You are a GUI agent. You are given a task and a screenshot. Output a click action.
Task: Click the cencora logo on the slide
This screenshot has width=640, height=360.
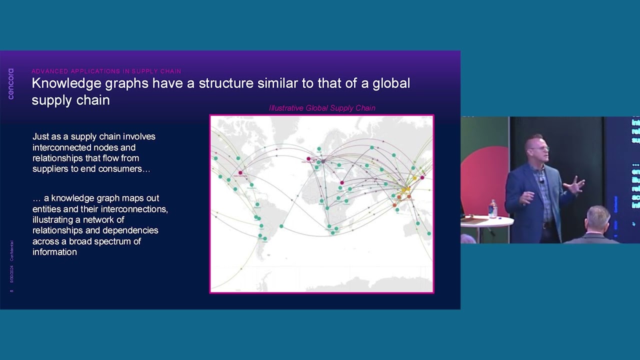(x=11, y=83)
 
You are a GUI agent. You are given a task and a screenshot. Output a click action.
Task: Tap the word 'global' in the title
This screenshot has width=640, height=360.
(x=391, y=83)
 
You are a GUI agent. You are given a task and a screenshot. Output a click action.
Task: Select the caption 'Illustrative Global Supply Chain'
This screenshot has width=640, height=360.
(x=322, y=108)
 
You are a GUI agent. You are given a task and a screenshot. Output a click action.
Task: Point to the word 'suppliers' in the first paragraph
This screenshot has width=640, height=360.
(x=50, y=169)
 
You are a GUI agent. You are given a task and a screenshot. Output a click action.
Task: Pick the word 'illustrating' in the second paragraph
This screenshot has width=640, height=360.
(x=53, y=219)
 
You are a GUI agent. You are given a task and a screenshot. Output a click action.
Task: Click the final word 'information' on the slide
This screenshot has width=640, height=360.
(x=54, y=252)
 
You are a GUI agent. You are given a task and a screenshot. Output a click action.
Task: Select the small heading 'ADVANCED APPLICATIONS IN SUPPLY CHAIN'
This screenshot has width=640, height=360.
(x=106, y=71)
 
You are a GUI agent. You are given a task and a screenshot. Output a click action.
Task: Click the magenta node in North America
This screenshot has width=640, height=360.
(x=240, y=173)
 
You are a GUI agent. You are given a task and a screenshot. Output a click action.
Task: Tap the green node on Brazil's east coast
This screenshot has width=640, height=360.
(x=281, y=226)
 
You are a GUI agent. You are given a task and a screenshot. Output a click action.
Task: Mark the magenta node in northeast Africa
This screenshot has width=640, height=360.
(x=342, y=183)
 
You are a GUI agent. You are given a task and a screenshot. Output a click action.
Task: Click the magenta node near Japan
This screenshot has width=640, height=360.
(x=422, y=177)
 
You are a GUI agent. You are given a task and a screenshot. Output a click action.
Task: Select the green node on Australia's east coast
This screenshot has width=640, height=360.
(x=429, y=233)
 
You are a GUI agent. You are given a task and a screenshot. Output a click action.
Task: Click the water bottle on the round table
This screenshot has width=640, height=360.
(x=493, y=208)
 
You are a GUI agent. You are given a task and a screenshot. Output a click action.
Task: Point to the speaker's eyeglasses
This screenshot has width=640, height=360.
(x=540, y=148)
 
